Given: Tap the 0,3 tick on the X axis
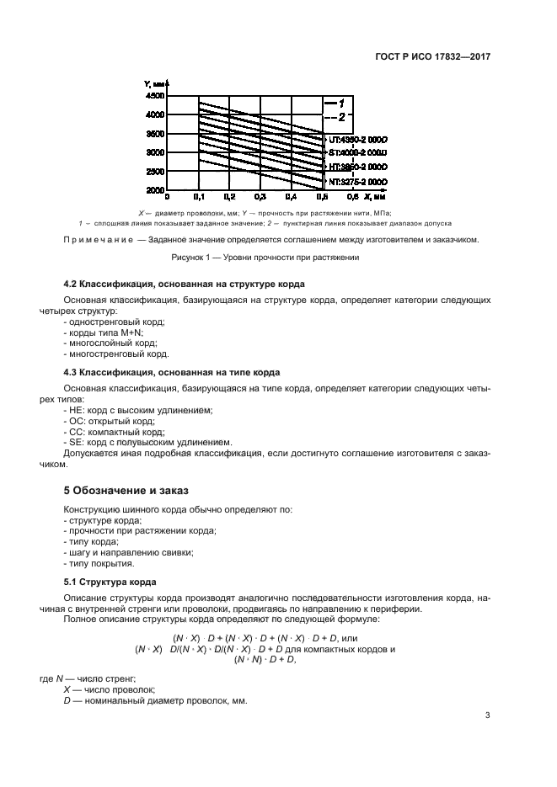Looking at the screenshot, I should pos(260,197).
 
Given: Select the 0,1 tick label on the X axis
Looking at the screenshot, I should pos(198,197).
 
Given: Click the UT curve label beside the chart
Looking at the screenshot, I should pos(357,139).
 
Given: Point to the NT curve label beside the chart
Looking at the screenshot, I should pos(357,181).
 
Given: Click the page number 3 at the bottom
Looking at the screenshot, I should pos(488,716).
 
